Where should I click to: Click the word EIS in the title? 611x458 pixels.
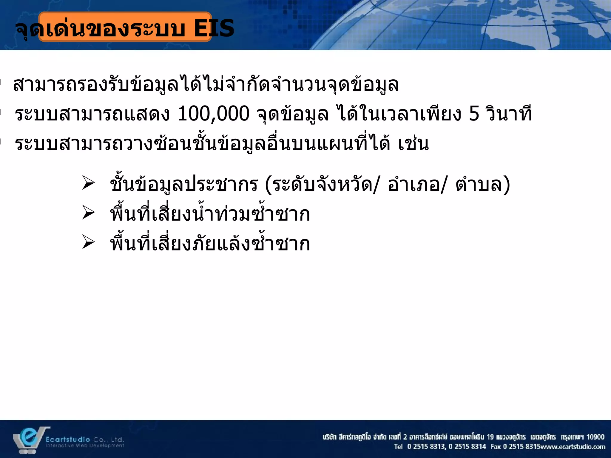214,29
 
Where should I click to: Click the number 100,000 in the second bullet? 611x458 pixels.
213,114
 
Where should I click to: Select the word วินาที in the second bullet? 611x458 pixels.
509,114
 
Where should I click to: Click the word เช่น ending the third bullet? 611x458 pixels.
413,144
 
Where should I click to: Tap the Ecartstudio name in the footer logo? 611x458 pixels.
68,440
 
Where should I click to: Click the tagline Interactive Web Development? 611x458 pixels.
85,446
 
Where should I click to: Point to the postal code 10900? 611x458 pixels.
595,437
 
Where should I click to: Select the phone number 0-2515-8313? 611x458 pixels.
426,447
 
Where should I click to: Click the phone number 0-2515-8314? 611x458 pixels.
467,447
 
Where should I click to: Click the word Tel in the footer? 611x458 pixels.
398,447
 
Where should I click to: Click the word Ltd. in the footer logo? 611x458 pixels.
117,440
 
